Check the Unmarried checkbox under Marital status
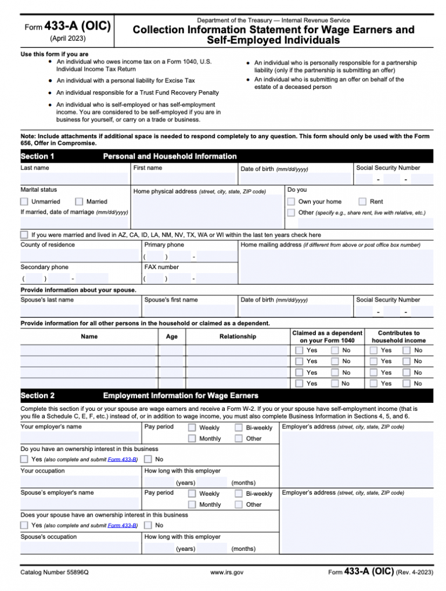coord(24,202)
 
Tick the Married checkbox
coord(80,202)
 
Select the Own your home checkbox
coord(292,202)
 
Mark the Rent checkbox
coord(363,202)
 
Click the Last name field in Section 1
coord(74,178)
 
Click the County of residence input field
coord(80,256)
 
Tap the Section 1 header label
coord(38,156)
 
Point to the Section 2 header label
coord(38,396)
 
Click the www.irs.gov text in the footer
coord(226,572)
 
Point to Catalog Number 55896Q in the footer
coord(55,572)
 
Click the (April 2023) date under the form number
coord(69,38)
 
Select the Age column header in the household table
coord(172,336)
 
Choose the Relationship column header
coord(238,336)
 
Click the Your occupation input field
coord(80,482)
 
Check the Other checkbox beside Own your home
coord(292,213)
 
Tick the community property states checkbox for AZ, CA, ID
coord(24,235)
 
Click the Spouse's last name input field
coord(80,311)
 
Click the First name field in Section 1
coord(184,178)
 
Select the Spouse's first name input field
coord(189,311)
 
